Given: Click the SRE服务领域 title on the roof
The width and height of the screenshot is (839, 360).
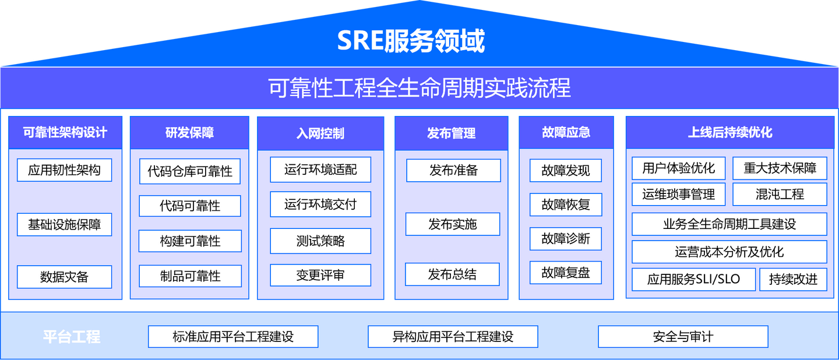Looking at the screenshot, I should point(411,41).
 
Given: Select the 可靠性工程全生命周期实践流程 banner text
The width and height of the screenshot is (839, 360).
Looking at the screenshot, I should point(419,88).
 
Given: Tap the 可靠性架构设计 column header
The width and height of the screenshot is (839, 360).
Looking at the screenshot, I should point(65,133).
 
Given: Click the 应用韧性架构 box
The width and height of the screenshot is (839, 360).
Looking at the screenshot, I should point(64,170).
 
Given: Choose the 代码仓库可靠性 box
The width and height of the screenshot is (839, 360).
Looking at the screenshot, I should point(190,171).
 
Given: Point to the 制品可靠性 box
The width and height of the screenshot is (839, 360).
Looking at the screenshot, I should point(190,276).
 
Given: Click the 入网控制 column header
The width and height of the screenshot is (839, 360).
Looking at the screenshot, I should point(320,133).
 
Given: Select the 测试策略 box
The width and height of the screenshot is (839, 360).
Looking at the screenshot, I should point(320,241).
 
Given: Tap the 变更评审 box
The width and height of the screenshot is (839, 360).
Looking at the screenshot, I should point(320,276).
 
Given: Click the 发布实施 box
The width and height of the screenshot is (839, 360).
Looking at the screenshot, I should point(453,224).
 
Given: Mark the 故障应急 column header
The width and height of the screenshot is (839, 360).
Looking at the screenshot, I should point(566,133).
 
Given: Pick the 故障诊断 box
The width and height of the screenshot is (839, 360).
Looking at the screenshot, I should point(566,239).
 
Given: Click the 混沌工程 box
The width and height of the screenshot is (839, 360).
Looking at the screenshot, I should point(780,195).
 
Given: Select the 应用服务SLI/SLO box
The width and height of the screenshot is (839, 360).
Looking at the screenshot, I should point(693,280).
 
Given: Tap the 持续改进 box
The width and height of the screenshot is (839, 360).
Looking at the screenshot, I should point(793,280).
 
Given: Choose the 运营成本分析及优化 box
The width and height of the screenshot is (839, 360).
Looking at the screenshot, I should point(729,252).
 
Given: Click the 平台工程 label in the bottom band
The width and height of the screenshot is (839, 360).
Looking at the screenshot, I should point(72,337).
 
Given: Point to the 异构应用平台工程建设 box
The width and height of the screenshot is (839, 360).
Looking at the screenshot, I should point(453,337).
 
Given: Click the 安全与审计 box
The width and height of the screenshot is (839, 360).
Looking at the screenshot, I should point(683,337).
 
